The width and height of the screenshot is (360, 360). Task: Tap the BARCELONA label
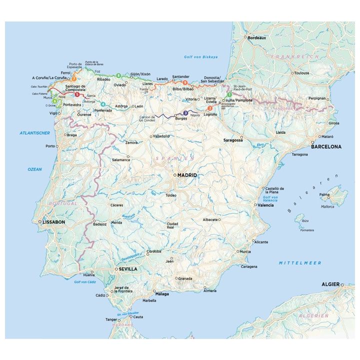point(326,147)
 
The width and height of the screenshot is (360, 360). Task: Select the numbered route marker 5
point(77,94)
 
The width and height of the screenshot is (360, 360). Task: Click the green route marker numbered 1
point(229,94)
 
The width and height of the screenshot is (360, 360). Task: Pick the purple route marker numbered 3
point(185,113)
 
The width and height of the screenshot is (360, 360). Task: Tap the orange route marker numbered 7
point(73,78)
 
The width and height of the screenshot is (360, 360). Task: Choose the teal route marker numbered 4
point(103,104)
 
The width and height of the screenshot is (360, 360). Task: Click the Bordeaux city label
point(257,37)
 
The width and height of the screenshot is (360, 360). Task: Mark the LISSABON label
point(54,221)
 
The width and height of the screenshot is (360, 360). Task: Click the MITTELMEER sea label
point(300,263)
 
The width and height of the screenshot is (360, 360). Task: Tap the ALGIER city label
point(330,284)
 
